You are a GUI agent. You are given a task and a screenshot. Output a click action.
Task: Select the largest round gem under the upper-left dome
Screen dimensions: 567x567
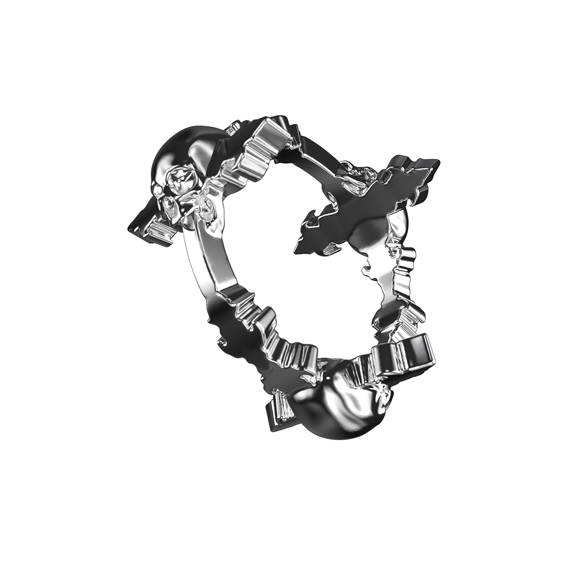pyautogui.click(x=179, y=182)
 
